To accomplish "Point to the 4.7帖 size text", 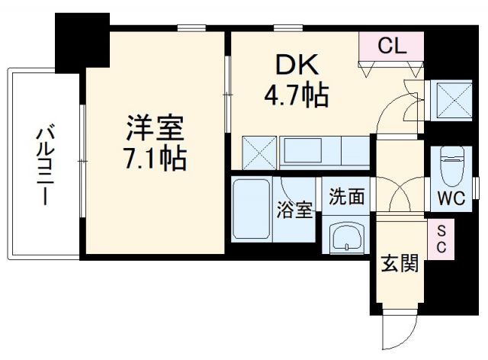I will point(296,96).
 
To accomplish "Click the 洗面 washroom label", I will point(346,197).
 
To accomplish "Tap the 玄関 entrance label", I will point(399,264).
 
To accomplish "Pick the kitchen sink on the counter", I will point(303,152).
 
